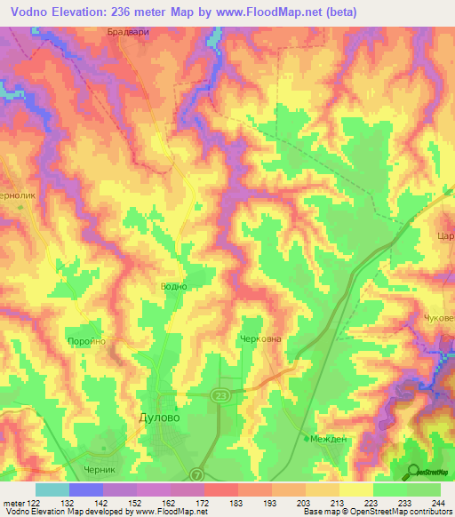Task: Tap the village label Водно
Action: [172, 287]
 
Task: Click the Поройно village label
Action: [87, 341]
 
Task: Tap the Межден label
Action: [326, 438]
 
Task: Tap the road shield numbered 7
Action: [197, 474]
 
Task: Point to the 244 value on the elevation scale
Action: [438, 502]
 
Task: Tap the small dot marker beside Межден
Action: [305, 439]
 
